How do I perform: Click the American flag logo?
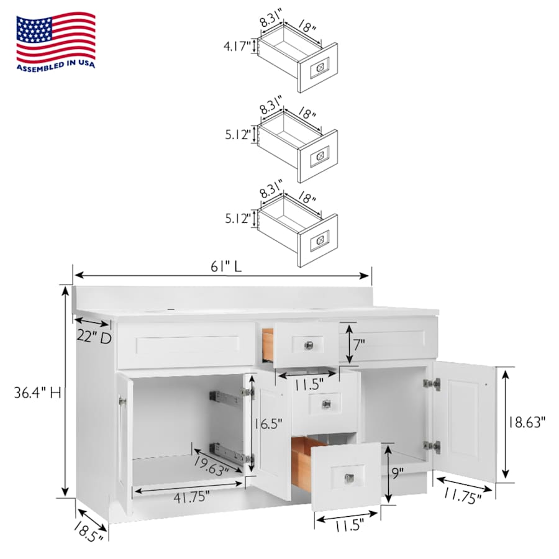click(x=56, y=38)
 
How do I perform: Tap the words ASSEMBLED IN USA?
click(x=56, y=66)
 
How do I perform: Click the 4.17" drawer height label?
click(x=237, y=47)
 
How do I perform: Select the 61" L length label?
click(x=226, y=266)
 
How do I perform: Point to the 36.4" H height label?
click(x=37, y=393)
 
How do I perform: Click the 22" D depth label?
click(x=94, y=337)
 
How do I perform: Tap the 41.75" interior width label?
click(x=191, y=497)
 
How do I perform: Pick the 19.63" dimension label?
click(x=211, y=466)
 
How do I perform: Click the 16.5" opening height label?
click(x=268, y=424)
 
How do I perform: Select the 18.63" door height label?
click(x=526, y=422)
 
